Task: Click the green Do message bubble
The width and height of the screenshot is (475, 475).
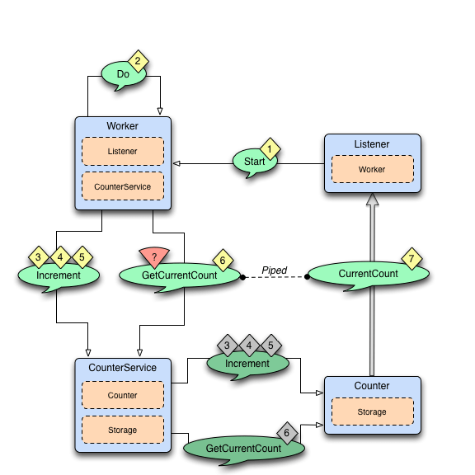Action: (122, 74)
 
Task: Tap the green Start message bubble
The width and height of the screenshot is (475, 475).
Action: (255, 162)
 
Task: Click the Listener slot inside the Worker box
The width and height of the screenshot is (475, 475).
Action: (123, 152)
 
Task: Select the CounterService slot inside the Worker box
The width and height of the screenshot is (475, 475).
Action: (123, 187)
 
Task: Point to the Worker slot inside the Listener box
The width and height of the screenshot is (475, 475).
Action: (372, 169)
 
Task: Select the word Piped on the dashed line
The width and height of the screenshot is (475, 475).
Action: (274, 270)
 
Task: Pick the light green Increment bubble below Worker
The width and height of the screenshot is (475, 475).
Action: (58, 275)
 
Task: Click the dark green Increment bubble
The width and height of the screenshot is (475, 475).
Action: (247, 364)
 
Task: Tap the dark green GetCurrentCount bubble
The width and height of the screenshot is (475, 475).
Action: (243, 448)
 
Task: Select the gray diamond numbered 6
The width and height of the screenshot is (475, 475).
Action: (286, 432)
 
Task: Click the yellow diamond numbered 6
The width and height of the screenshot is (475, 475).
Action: (221, 260)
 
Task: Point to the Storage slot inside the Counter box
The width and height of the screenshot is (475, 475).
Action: (372, 411)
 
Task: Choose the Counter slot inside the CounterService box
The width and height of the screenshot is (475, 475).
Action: (123, 396)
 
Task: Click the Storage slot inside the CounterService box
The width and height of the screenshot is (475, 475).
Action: (123, 430)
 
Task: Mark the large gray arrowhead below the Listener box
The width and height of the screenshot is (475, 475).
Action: (372, 202)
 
